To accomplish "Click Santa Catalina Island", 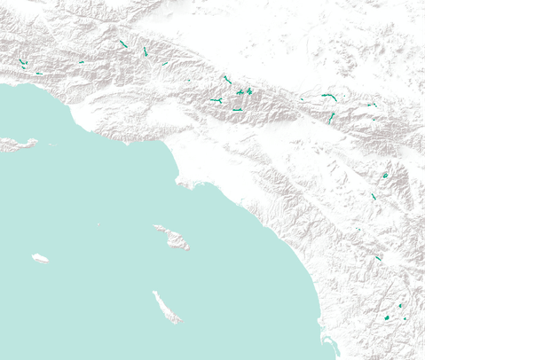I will click(x=172, y=237).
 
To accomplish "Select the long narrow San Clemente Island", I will click(x=166, y=307).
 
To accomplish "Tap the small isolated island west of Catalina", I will click(x=40, y=258).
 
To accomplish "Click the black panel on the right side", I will click(x=484, y=180).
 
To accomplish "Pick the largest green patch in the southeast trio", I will click(x=387, y=317).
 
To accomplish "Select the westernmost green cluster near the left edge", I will click(x=22, y=62).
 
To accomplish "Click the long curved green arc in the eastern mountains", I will click(x=329, y=96).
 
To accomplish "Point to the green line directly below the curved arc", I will click(x=332, y=116).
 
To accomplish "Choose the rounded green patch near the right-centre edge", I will click(x=385, y=176).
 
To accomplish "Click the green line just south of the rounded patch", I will click(x=374, y=196).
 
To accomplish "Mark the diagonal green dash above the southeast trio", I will click(x=378, y=258).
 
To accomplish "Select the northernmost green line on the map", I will click(x=123, y=43).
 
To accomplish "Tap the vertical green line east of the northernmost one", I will click(x=145, y=51).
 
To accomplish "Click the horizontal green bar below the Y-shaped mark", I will click(x=238, y=110).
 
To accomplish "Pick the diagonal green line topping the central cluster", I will click(x=226, y=79).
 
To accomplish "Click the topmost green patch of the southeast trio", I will click(x=400, y=306).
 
